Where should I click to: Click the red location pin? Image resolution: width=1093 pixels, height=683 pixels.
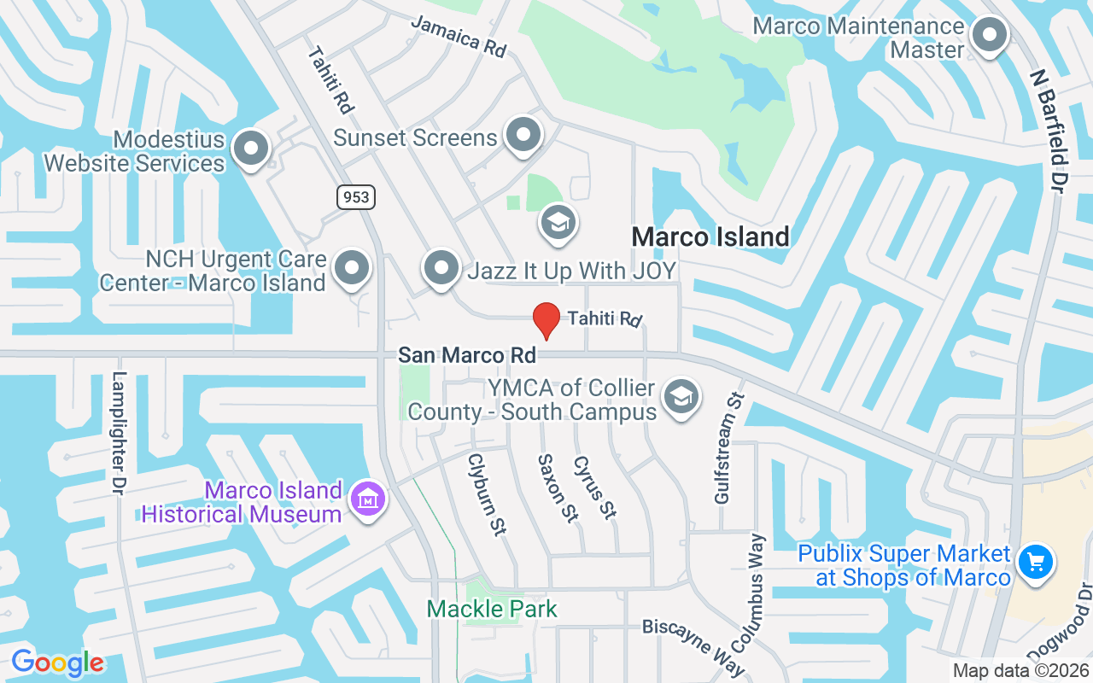pos(546,321)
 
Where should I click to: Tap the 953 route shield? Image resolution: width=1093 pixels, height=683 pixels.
pos(355,197)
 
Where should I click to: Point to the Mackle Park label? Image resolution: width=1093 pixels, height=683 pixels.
pos(492,610)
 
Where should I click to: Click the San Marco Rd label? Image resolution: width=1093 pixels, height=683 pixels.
pos(467,354)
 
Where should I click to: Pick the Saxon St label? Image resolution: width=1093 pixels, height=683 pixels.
pos(558,489)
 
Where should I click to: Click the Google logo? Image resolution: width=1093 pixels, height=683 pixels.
pos(57,663)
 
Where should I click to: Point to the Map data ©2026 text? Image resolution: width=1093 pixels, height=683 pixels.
pos(1021,671)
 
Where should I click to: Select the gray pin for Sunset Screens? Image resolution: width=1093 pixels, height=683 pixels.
pos(523,136)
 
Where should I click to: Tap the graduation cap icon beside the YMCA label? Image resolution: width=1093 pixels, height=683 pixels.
pos(681,397)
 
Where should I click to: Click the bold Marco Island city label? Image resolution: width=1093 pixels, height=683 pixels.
pos(710,237)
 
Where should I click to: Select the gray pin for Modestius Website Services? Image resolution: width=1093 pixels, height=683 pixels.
pos(251,149)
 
